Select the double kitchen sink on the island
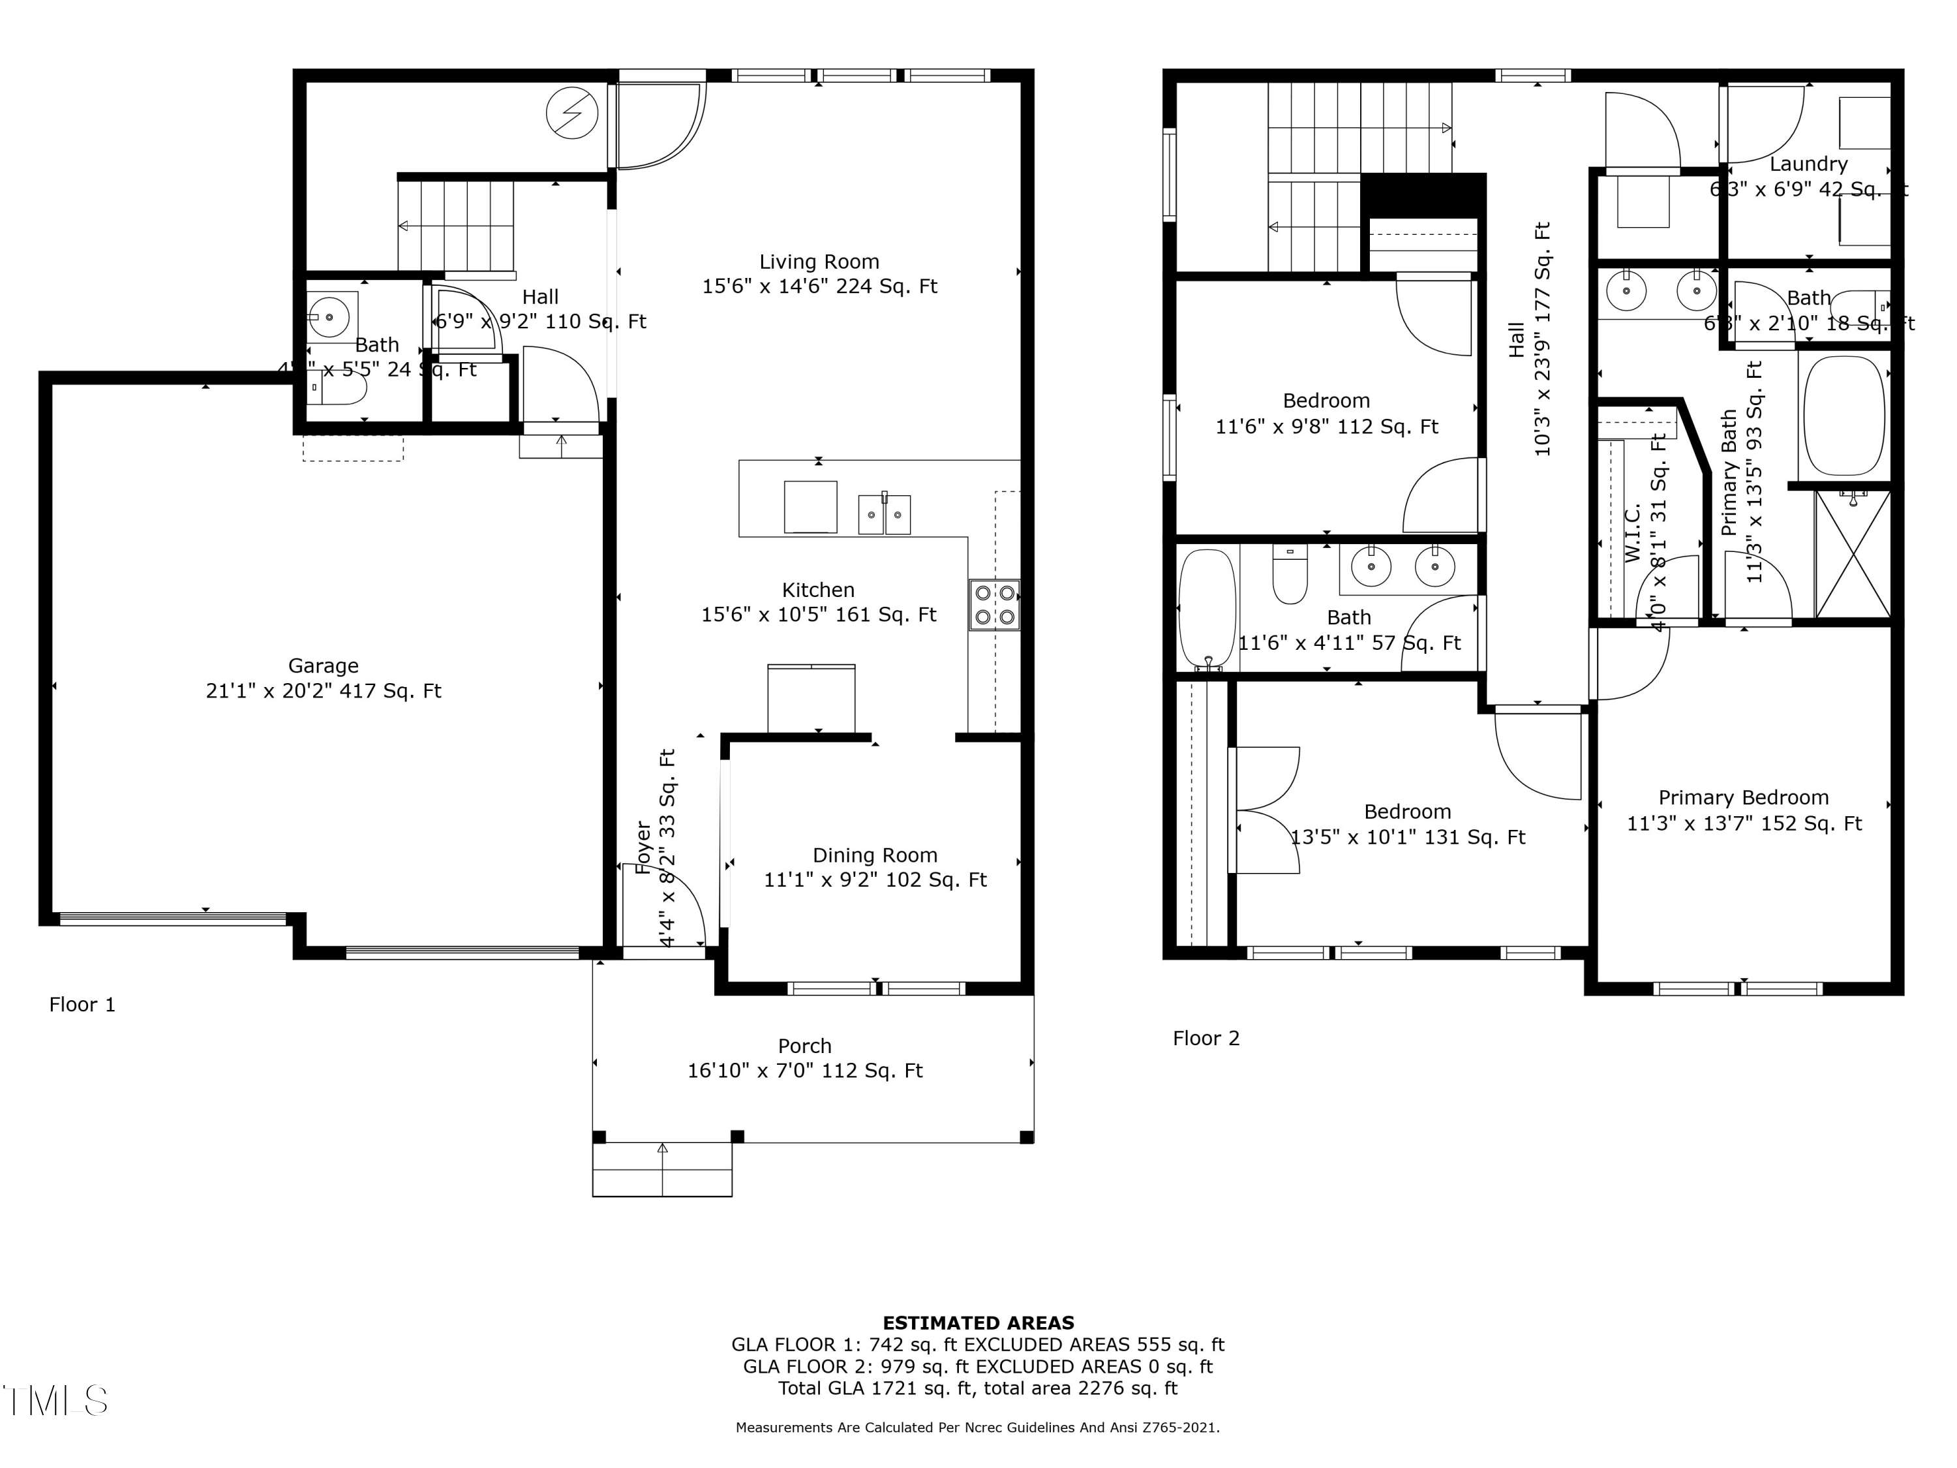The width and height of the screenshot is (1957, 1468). [x=884, y=514]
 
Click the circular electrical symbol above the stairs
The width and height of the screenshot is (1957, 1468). [x=572, y=114]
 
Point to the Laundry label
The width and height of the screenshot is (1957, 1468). [x=1808, y=164]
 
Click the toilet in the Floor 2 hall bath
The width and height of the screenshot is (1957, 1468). [x=1290, y=575]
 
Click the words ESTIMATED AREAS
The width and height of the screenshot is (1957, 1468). [x=978, y=1322]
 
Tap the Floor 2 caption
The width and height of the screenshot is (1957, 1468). [x=1206, y=1038]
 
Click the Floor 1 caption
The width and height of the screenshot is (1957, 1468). [x=82, y=1004]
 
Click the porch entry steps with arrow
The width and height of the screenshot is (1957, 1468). [x=661, y=1170]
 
